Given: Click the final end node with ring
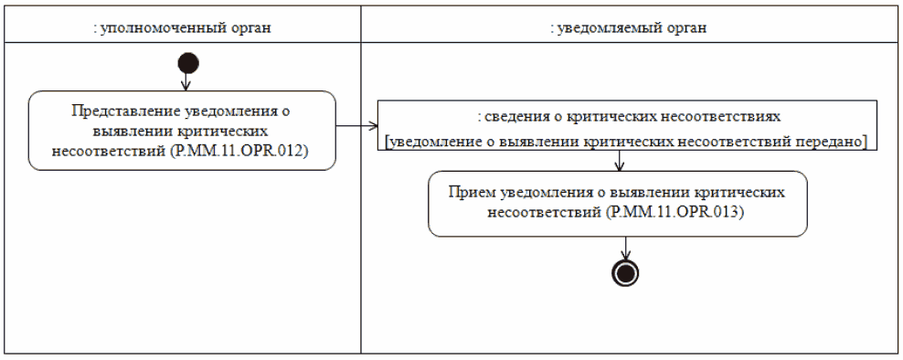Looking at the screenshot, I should [x=626, y=272].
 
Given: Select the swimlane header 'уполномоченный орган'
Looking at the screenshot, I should [x=185, y=27].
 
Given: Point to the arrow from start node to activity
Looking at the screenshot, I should [x=186, y=81].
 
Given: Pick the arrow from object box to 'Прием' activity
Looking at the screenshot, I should [x=621, y=161].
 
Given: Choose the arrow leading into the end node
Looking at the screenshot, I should [x=626, y=249].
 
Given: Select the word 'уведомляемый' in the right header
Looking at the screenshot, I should [x=606, y=27].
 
